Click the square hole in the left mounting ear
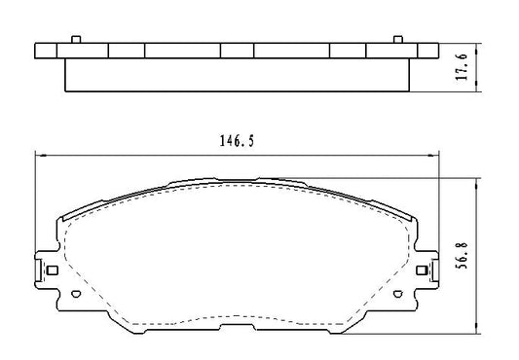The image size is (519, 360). (x=53, y=270)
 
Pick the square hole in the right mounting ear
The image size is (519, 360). (x=421, y=270)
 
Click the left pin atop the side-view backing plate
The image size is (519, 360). (x=75, y=39)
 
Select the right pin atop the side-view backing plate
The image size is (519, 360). (x=396, y=39)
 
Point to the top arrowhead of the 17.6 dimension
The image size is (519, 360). (x=474, y=46)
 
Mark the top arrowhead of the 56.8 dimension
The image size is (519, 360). (x=474, y=181)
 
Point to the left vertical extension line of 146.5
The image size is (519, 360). (x=35, y=195)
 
